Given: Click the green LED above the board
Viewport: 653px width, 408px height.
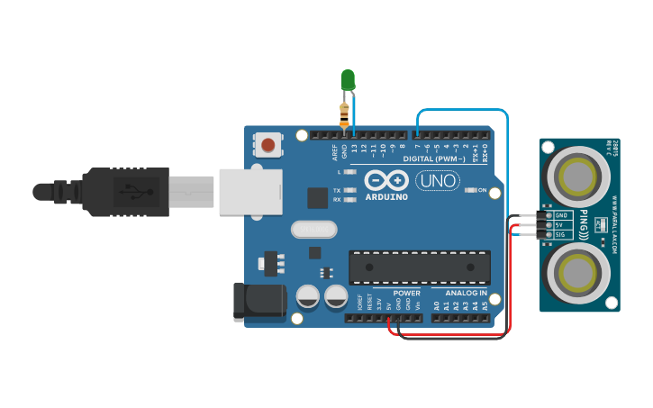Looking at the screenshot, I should click(x=349, y=80).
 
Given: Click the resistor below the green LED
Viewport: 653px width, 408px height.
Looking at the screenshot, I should click(x=344, y=114).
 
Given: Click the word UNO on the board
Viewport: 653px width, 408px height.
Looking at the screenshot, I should click(x=437, y=181).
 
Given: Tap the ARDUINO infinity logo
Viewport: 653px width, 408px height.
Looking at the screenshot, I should click(x=386, y=182).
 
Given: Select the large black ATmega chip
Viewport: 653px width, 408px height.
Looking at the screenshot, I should click(x=420, y=267).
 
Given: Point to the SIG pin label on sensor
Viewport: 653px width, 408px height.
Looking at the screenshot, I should click(x=560, y=234).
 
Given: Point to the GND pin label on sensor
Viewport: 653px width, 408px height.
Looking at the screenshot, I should click(x=560, y=215).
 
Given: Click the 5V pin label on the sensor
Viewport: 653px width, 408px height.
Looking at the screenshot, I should click(x=559, y=225).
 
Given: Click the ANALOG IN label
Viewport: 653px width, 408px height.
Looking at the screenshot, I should click(x=465, y=293).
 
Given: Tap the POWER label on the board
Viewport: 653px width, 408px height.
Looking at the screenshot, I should click(x=406, y=293).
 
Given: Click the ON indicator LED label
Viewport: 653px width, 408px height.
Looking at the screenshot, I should click(x=483, y=190).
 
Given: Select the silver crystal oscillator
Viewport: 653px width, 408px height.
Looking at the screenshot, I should click(x=313, y=231).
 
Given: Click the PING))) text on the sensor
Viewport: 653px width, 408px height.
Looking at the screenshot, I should click(x=584, y=225).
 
